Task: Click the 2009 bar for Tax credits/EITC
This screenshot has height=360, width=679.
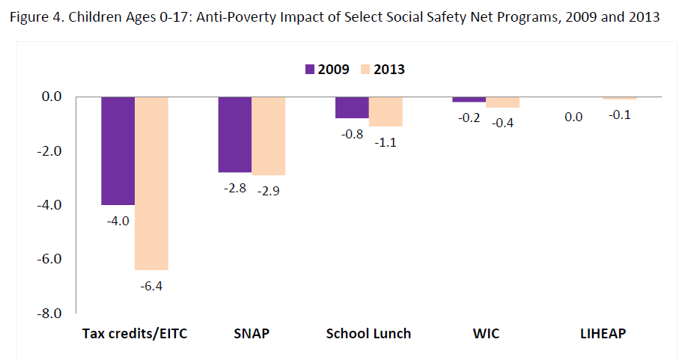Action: click(118, 150)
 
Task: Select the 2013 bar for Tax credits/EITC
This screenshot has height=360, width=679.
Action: click(151, 183)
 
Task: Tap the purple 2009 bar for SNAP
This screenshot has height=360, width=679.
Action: click(235, 135)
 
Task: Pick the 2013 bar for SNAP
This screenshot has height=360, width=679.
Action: click(269, 136)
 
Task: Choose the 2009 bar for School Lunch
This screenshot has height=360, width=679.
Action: click(352, 108)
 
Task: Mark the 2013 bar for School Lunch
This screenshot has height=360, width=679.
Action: click(386, 112)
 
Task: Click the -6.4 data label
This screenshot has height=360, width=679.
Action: click(151, 285)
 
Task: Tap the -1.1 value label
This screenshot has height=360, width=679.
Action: click(386, 141)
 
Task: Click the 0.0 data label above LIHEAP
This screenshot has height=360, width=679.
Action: click(574, 116)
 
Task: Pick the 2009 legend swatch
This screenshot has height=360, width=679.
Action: click(310, 69)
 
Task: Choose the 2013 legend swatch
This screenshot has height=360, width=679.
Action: click(365, 69)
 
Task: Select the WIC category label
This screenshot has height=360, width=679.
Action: click(487, 334)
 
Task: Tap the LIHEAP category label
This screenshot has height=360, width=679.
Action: click(603, 334)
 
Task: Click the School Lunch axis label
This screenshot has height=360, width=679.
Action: click(368, 334)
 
